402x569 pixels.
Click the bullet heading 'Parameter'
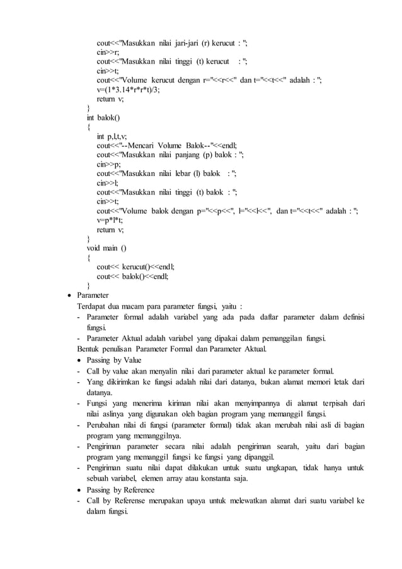(x=93, y=295)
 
